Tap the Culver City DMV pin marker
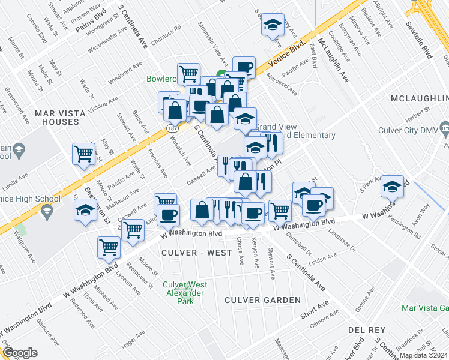(445, 128)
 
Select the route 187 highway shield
(173, 129)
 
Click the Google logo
(20, 353)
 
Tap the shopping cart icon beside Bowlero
(188, 74)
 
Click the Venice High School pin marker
(47, 211)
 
